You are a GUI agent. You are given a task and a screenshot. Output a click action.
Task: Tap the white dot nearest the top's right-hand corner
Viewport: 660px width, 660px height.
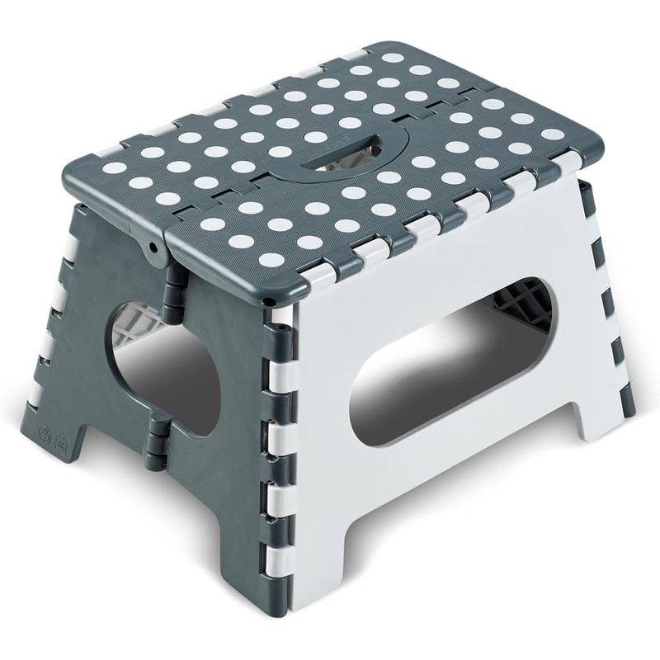[x=545, y=150]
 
